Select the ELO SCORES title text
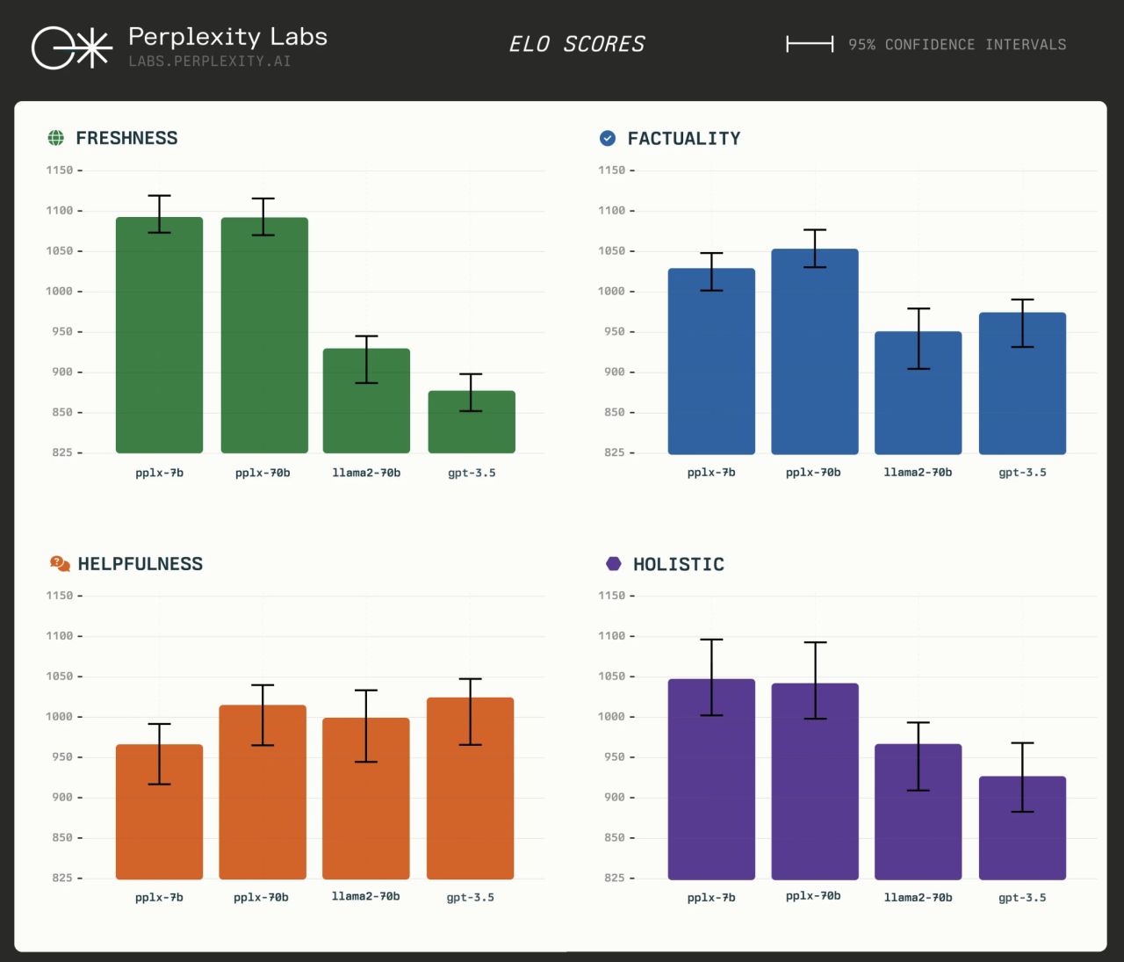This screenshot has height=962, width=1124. pos(577,44)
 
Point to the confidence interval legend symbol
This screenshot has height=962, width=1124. pos(810,44)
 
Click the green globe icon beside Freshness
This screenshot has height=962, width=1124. pos(56,138)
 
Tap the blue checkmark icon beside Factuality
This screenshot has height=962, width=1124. pos(608,138)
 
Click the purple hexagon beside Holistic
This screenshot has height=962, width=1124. pos(614,564)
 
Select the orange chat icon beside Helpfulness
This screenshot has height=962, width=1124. pos(60,564)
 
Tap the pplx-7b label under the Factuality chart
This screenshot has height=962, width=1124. pos(711,473)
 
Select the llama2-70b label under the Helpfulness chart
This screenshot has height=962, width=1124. pos(365,897)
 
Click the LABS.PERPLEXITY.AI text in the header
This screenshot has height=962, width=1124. pos(210,61)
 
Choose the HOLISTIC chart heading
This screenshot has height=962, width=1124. pos(679,564)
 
